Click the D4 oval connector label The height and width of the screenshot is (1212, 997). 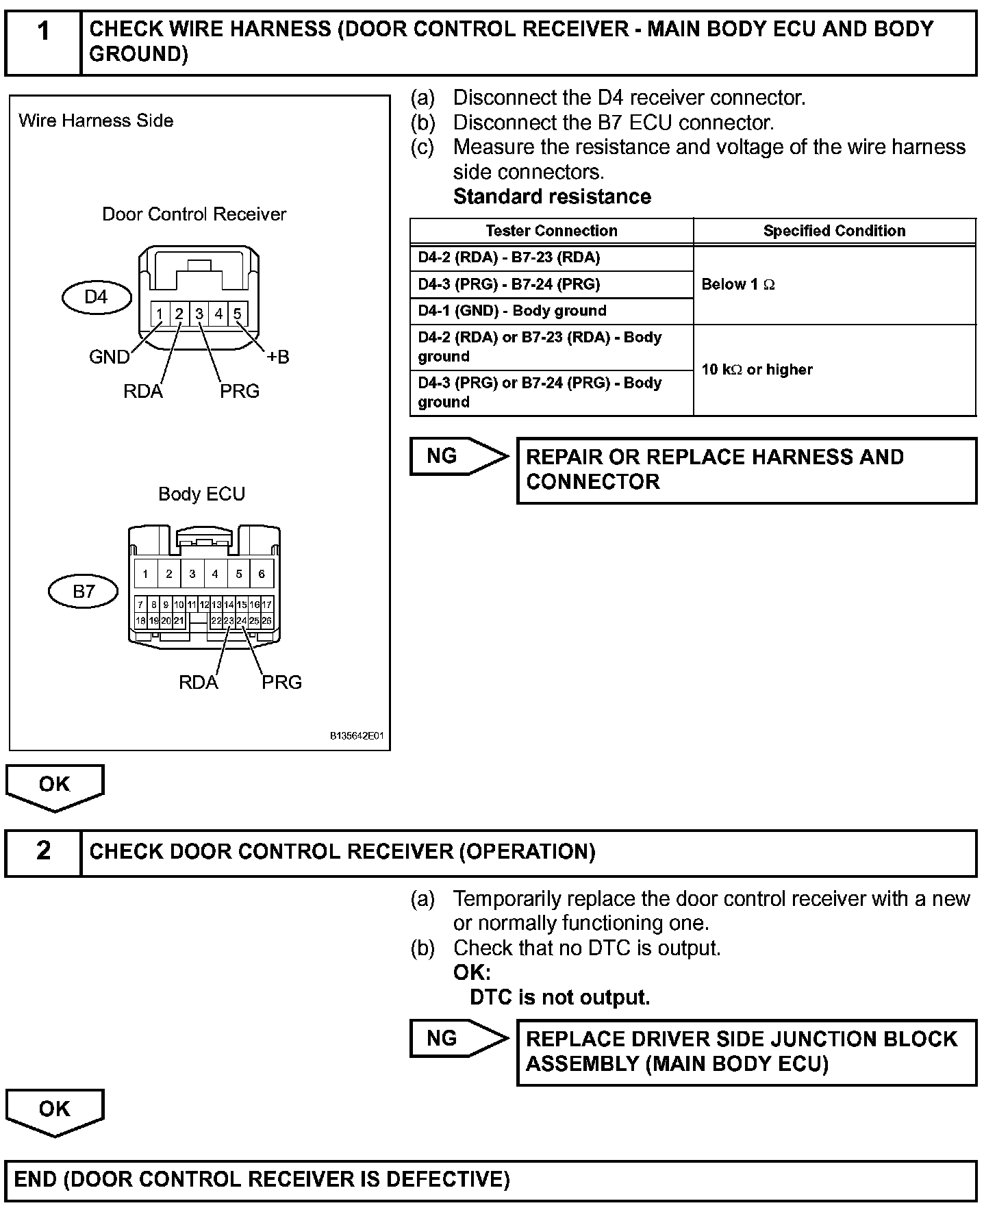[x=96, y=297]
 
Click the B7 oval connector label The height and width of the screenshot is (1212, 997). [x=84, y=591]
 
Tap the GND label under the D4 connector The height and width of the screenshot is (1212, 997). [x=109, y=357]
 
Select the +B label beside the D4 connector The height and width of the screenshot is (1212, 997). [x=277, y=357]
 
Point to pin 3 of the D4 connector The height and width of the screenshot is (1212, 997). [x=199, y=314]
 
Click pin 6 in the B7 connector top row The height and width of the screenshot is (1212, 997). [x=262, y=574]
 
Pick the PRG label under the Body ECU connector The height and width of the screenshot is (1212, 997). [x=281, y=682]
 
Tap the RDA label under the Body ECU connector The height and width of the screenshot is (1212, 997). [x=198, y=682]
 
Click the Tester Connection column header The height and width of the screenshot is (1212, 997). [x=551, y=231]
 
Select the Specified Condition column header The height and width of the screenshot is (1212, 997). [x=834, y=231]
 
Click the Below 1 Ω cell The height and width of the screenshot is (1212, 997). [x=738, y=284]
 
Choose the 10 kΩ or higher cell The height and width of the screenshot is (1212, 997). [x=757, y=370]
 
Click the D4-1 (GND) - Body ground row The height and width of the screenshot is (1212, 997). [x=512, y=311]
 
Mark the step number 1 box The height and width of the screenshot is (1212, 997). [x=43, y=41]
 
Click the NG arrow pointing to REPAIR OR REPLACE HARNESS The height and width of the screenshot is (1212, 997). [x=457, y=457]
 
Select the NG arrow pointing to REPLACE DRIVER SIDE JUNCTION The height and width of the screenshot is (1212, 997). [x=457, y=1039]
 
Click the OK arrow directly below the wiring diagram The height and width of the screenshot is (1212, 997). [x=55, y=785]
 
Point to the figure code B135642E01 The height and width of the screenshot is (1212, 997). [x=357, y=737]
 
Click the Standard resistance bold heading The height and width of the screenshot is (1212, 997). [x=552, y=197]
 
